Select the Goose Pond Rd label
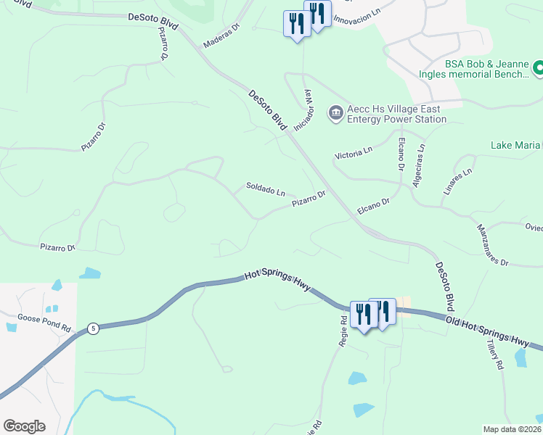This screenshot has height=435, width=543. click(x=44, y=323)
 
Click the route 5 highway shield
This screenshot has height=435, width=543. click(x=93, y=328)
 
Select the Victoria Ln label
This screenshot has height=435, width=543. click(x=353, y=154)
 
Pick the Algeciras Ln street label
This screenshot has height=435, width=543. click(x=418, y=165)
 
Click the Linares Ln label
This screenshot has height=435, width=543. click(x=457, y=181)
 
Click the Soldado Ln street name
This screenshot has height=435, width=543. click(x=265, y=189)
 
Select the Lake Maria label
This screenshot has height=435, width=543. click(x=516, y=146)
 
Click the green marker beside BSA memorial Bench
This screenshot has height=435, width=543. click(x=538, y=69)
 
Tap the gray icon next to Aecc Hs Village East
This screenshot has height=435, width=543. click(x=335, y=112)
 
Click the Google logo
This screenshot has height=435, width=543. click(x=24, y=426)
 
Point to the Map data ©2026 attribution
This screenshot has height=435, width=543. click(x=513, y=429)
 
